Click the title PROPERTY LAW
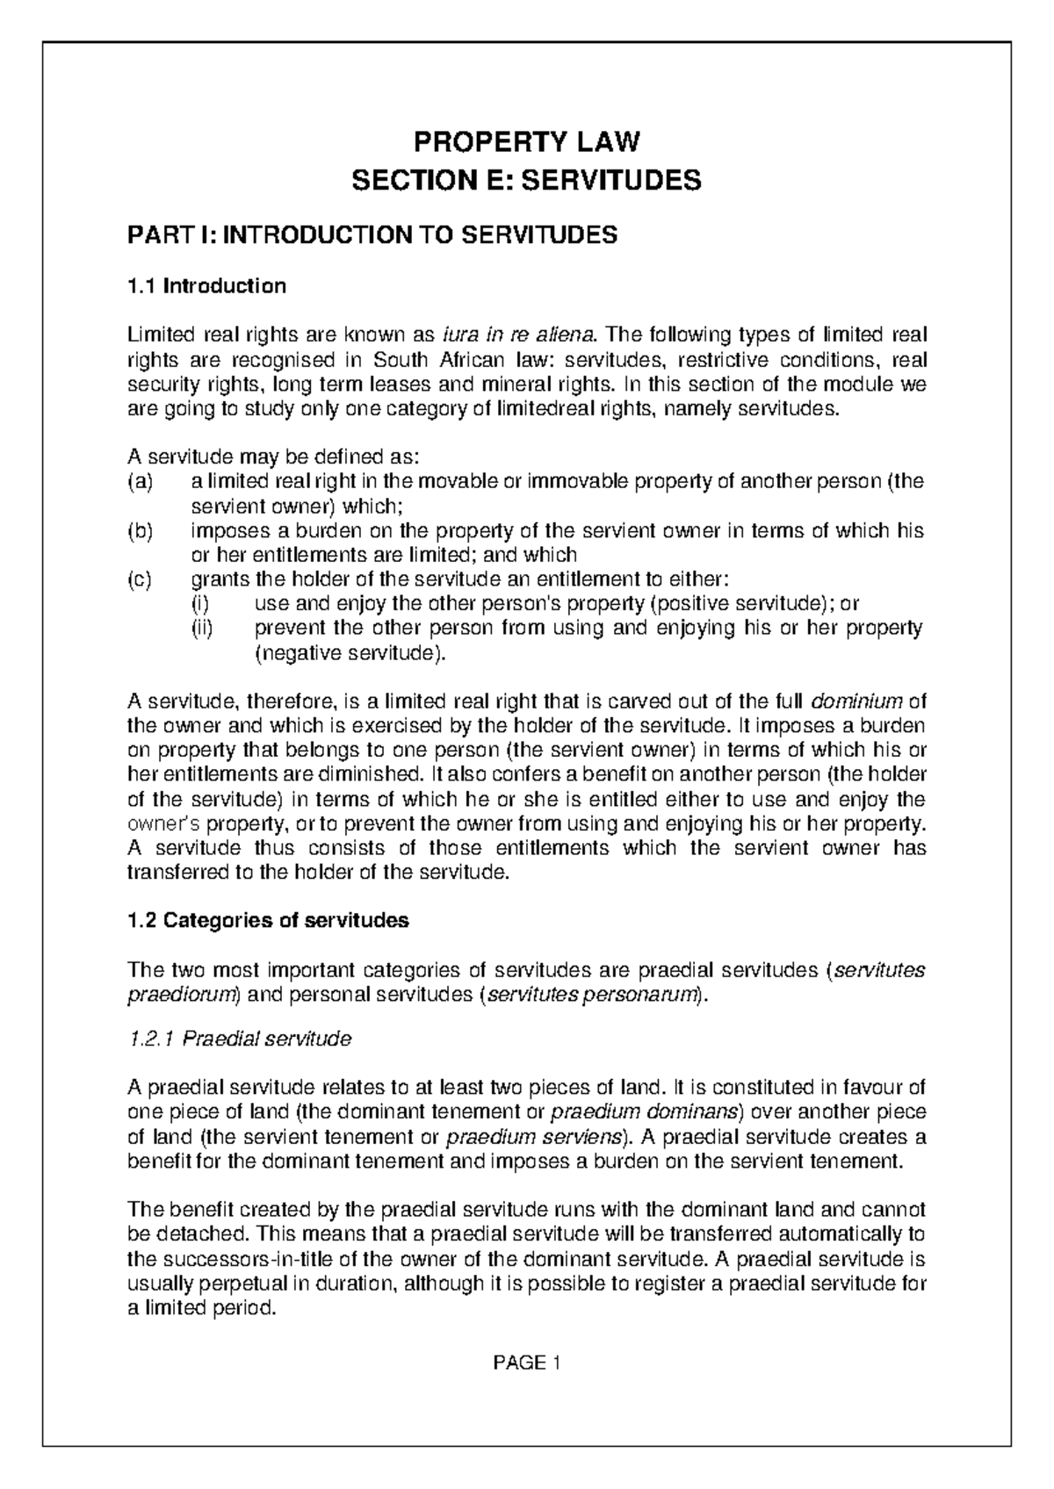[527, 141]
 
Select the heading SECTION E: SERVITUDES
[527, 181]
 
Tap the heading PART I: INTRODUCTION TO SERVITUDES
[372, 235]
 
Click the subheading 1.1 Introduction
[207, 286]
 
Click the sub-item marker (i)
[200, 604]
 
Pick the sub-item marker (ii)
[203, 629]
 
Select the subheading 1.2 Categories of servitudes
[268, 921]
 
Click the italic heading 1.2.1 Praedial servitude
[239, 1039]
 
